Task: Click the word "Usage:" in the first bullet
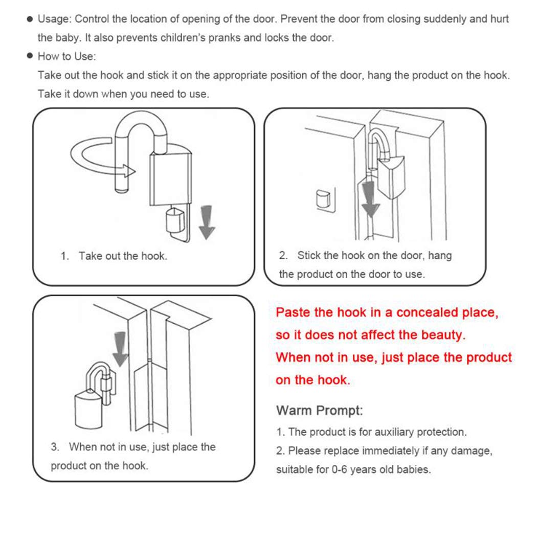tap(55, 19)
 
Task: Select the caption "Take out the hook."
tap(123, 256)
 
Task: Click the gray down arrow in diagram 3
tap(120, 348)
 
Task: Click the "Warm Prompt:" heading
tap(320, 410)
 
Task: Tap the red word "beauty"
tap(442, 335)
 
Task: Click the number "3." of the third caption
tap(55, 447)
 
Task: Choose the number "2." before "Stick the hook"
tap(283, 255)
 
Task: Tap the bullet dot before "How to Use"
tap(30, 56)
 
